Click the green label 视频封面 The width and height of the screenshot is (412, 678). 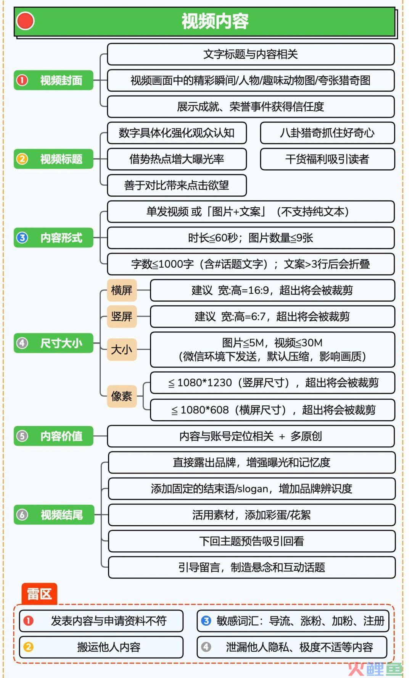[53, 80]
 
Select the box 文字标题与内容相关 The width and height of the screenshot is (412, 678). [251, 54]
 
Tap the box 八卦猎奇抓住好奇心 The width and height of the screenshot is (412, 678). [327, 133]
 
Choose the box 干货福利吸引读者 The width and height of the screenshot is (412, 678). [327, 159]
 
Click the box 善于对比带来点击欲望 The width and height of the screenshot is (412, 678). [177, 186]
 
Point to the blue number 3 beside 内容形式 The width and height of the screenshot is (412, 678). [22, 238]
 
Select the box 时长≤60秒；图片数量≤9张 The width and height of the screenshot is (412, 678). [251, 238]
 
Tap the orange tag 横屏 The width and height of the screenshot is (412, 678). [122, 290]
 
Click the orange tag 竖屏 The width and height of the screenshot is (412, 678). [122, 316]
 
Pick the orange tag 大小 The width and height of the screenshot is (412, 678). [122, 349]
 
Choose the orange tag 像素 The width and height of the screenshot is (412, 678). [122, 396]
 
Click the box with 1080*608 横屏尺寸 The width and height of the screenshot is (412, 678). [272, 410]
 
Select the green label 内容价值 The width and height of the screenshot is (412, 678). [53, 436]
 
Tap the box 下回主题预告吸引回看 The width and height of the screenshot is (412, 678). [252, 541]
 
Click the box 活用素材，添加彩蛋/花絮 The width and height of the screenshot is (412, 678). [252, 515]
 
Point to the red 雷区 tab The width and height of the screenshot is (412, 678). [39, 594]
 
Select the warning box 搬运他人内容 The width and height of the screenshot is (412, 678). [101, 647]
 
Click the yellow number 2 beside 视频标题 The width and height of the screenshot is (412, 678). [22, 159]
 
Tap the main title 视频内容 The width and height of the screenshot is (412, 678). [215, 21]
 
